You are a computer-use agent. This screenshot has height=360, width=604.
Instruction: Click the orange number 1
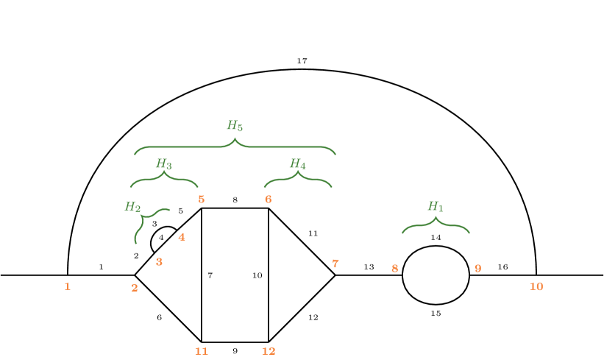(67, 286)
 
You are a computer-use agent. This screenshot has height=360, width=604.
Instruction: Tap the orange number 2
(135, 288)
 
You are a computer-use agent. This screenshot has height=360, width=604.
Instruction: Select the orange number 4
(182, 237)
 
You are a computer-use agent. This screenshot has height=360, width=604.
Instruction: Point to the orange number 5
(201, 200)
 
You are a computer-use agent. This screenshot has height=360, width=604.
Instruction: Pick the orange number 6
(269, 200)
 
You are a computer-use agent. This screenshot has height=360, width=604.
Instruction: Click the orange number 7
(335, 264)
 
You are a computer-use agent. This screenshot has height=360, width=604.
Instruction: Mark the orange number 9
(477, 269)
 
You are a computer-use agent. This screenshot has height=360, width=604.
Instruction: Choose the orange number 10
(536, 286)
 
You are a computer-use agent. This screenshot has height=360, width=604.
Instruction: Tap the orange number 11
(202, 351)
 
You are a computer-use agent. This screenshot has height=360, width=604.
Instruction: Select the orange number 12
(269, 351)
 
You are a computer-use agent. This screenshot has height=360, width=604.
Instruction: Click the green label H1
(436, 207)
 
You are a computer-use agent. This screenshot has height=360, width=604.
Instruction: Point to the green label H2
(132, 207)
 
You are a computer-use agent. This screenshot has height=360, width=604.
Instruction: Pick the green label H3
(163, 163)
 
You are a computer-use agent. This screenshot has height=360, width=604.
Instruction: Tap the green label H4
(297, 163)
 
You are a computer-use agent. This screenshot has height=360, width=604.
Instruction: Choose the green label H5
(235, 126)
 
